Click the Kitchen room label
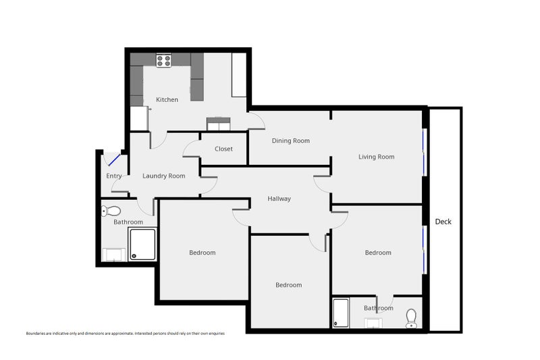coord(167,100)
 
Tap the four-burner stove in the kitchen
coord(163,60)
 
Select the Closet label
coord(223,149)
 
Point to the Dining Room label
coord(290,140)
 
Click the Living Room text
coord(376,157)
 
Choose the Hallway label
coord(279,199)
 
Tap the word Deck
coord(443,222)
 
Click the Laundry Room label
coord(163,176)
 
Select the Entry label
coord(114,176)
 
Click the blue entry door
coord(114,161)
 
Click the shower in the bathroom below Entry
coord(142,244)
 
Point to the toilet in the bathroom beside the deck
coord(411,317)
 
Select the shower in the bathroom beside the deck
coord(341,313)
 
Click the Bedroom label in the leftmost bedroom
coord(202,253)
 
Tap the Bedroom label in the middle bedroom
coord(288,285)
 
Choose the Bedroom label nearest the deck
coord(378,253)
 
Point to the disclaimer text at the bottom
coord(125,334)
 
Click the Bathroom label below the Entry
coord(128,222)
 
